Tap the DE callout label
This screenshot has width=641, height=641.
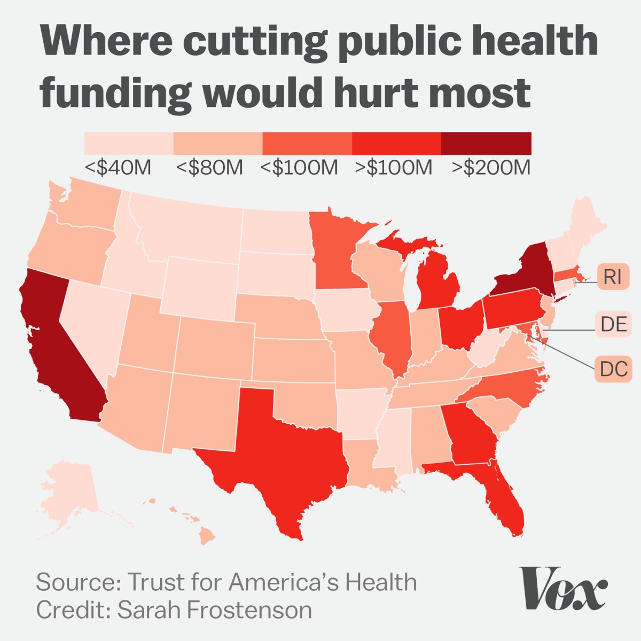point(613,324)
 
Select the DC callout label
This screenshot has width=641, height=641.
point(612,369)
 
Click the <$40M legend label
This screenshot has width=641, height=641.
point(118,167)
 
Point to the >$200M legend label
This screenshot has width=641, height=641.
point(491,167)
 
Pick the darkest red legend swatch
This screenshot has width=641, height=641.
point(486,143)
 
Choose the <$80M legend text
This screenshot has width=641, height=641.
point(209,167)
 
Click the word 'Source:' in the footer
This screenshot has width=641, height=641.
point(78,582)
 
